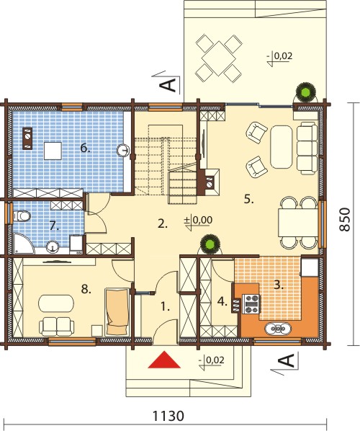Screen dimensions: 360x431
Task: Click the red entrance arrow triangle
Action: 164,360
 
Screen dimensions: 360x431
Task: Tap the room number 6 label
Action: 86,148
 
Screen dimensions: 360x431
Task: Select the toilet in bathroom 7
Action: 22,216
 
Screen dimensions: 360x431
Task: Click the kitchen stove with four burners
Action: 251,304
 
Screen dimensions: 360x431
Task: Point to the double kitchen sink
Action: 278,328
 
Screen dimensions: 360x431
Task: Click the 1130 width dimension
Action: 168,416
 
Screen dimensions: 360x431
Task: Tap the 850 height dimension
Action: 345,220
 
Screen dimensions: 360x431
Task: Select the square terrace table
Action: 219,58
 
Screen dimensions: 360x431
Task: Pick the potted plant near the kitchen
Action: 210,244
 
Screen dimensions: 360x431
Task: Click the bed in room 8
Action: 117,311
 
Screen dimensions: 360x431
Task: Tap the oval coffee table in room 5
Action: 281,147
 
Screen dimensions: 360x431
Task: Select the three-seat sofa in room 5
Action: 307,148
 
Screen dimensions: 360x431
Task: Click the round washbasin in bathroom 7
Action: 53,246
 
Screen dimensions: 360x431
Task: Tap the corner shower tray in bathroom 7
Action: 23,244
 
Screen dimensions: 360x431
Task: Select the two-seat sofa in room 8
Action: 57,326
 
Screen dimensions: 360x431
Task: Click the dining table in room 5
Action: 298,223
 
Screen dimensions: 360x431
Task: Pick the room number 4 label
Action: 222,302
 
